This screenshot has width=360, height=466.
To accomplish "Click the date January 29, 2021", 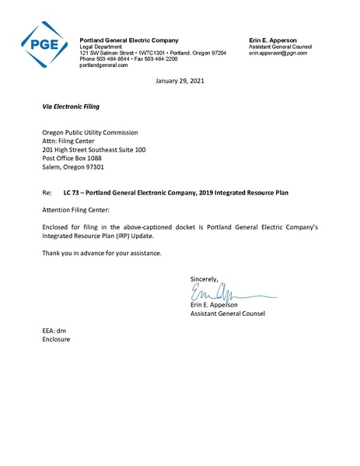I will point(180,81).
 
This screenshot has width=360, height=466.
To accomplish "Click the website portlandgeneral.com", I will point(104,65).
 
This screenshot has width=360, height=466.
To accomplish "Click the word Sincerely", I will point(204,278).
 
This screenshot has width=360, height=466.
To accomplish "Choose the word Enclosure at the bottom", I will point(57,340).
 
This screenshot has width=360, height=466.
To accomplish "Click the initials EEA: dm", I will point(54,331).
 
